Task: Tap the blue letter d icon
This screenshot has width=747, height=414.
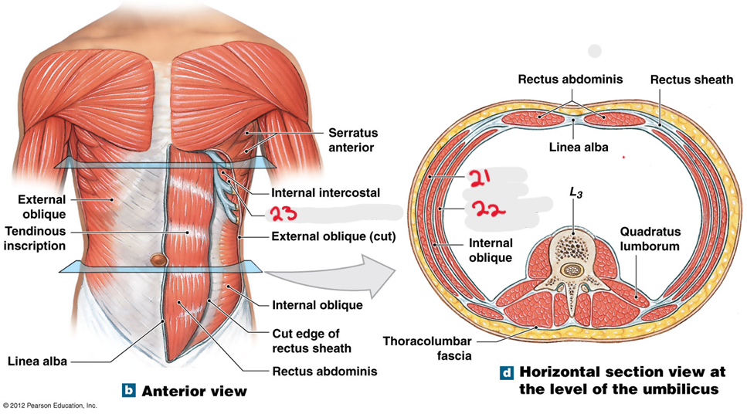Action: (507, 373)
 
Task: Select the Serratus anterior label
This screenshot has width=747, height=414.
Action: (352, 140)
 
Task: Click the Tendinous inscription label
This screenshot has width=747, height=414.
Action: (35, 239)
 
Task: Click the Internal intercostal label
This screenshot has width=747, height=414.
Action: (325, 192)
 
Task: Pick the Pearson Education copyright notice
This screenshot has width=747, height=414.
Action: (50, 406)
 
